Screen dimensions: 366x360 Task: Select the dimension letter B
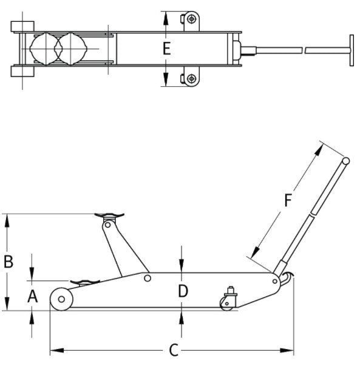pos(8,262)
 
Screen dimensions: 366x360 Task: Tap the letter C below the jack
pos(173,350)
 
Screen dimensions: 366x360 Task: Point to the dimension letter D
pos(183,291)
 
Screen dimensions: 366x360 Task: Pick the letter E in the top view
pos(167,49)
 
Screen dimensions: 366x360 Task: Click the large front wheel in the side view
pos(61,299)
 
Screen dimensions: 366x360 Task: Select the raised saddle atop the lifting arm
pos(110,214)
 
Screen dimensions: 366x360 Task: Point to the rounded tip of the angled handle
pos(345,161)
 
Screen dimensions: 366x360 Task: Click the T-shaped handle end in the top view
pos(351,49)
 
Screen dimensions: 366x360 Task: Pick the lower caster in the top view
pos(192,78)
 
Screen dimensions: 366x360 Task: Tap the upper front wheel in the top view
pos(22,26)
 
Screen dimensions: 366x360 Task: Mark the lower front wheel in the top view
pos(22,71)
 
